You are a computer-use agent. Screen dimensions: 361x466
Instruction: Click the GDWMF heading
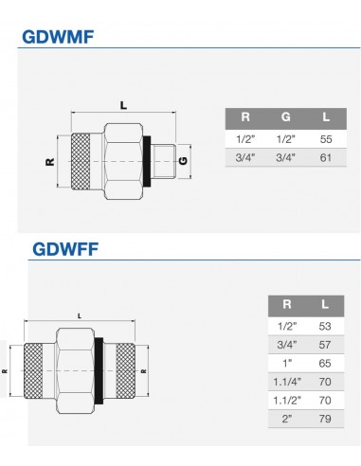coord(58,37)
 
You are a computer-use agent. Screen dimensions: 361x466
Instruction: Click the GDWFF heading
coord(65,249)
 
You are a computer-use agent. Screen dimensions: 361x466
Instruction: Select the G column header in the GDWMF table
coord(285,117)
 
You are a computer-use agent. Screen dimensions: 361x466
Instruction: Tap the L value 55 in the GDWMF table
coord(326,139)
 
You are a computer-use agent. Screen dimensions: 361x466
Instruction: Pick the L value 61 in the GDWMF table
coord(326,157)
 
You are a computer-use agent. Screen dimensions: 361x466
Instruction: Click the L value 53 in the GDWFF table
coord(325,326)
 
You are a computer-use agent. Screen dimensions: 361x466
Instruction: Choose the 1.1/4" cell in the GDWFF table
coord(287,382)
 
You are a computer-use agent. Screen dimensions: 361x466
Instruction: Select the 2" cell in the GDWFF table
coord(287,419)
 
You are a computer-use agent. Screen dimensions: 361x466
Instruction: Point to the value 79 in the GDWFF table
coord(325,419)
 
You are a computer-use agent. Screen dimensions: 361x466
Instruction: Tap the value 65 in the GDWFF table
coord(325,364)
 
